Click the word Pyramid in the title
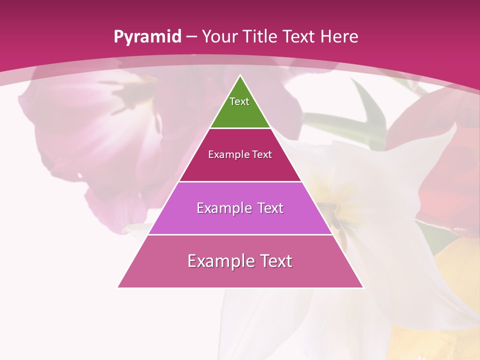(x=147, y=37)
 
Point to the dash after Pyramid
(x=191, y=37)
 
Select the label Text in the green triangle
(x=239, y=101)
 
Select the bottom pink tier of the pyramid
(x=240, y=275)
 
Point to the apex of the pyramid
(x=240, y=75)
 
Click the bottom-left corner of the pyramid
(x=118, y=287)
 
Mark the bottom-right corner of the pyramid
(x=362, y=287)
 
